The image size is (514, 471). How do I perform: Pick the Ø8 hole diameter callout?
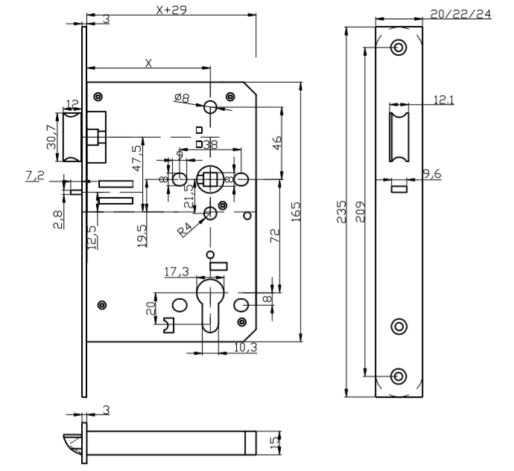pos(183,97)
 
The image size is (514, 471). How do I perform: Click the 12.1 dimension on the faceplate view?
pos(444,100)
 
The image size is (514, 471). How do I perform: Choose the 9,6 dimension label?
pos(431,174)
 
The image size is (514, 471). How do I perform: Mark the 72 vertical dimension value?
pos(274,237)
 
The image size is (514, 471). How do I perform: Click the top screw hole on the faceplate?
pos(399,48)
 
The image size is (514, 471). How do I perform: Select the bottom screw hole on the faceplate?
pos(399,376)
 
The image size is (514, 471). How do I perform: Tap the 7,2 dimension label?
pos(34,176)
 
